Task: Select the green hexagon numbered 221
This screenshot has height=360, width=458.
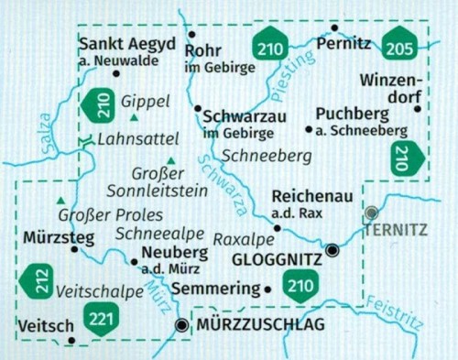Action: click(101, 318)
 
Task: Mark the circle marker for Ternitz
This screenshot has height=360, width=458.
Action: click(371, 213)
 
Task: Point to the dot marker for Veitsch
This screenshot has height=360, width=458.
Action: click(71, 341)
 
